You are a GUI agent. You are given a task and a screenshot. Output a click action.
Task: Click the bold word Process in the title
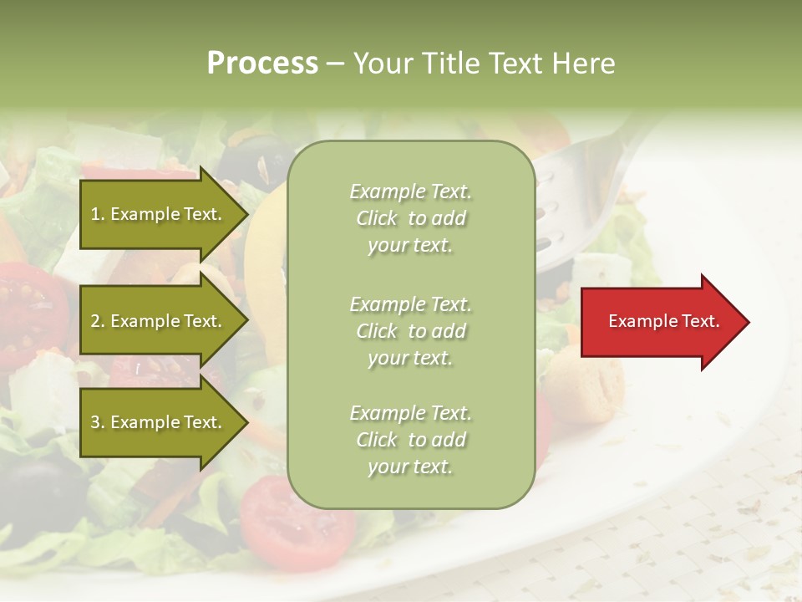click(262, 64)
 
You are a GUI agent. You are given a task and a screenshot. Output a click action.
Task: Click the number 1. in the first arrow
click(98, 214)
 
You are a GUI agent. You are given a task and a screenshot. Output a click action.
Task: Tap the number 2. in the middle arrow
click(98, 321)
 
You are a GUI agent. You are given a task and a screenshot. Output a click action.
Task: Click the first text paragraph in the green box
click(410, 218)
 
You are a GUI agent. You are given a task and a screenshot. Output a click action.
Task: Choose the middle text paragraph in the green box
click(410, 331)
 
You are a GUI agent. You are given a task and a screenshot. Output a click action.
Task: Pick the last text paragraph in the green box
click(410, 440)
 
